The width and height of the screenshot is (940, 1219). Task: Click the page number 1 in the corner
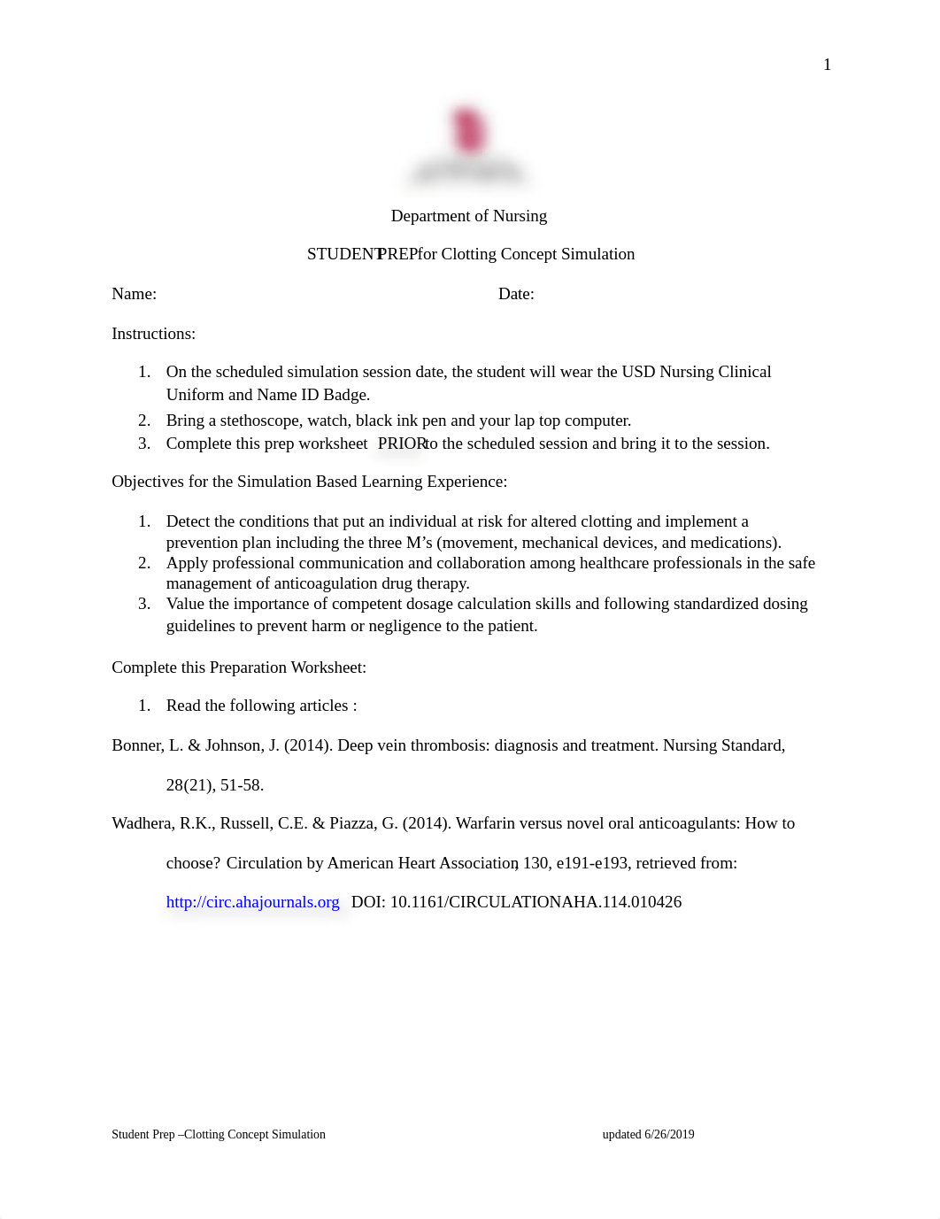[827, 65]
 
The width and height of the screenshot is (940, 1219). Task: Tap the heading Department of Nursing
[468, 216]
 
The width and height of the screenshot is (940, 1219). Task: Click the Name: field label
[134, 294]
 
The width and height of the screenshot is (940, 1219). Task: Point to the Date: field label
[516, 294]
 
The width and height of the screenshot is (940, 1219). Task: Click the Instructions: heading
[153, 334]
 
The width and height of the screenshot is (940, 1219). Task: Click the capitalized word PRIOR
[401, 444]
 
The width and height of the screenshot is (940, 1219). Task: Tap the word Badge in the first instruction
[344, 395]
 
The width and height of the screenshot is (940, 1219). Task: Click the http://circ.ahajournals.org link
[252, 902]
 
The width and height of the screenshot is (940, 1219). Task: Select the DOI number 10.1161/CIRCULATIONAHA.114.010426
[535, 902]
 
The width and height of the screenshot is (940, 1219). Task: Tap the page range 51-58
[242, 785]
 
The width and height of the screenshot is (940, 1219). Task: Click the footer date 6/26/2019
[669, 1134]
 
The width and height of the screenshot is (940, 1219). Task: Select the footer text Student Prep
[143, 1134]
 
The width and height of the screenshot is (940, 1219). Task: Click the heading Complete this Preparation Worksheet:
[239, 667]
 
